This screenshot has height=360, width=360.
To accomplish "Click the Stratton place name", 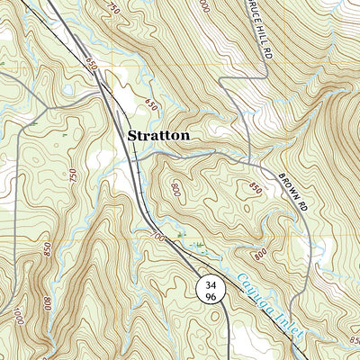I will [158, 136].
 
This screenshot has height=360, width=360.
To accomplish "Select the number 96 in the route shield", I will [210, 296].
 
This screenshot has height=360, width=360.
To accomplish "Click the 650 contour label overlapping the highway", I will [93, 66].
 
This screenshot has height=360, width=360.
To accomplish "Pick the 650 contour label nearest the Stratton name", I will [150, 106].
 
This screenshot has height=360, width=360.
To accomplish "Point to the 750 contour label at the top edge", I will [112, 8].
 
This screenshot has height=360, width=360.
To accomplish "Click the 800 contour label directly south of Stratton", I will [174, 190].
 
